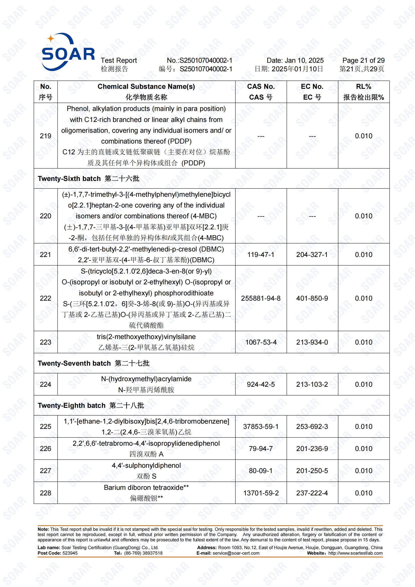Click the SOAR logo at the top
(68, 52)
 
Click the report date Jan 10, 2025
(295, 60)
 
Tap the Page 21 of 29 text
(363, 60)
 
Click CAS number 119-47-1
(261, 255)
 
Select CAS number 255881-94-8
(261, 298)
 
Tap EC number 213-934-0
(312, 342)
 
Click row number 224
(45, 384)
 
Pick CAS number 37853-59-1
(261, 427)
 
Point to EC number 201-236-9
(312, 449)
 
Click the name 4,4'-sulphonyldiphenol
(146, 466)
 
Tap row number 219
(45, 136)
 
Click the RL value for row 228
(363, 493)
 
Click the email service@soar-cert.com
(236, 553)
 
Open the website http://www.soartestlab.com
(355, 553)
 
